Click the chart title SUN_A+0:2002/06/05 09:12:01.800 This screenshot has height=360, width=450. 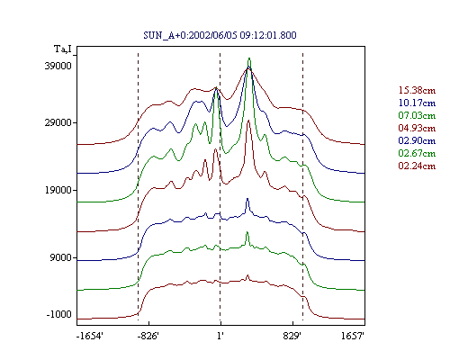pyautogui.click(x=220, y=35)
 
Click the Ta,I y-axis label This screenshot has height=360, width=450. pyautogui.click(x=63, y=49)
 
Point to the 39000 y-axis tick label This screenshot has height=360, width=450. pyautogui.click(x=58, y=66)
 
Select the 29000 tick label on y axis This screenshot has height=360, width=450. pyautogui.click(x=58, y=122)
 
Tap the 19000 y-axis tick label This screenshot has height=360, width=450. pyautogui.click(x=58, y=190)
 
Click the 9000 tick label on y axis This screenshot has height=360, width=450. pyautogui.click(x=61, y=257)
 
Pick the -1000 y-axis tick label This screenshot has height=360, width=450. pyautogui.click(x=59, y=314)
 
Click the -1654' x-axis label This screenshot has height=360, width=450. pyautogui.click(x=90, y=336)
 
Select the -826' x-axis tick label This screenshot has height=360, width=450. pyautogui.click(x=148, y=336)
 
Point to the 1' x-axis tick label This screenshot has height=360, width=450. pyautogui.click(x=220, y=336)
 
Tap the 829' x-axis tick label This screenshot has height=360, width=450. pyautogui.click(x=292, y=336)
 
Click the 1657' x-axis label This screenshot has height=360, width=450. pyautogui.click(x=353, y=336)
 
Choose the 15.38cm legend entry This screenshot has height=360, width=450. pyautogui.click(x=417, y=90)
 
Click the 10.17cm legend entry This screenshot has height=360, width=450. pyautogui.click(x=417, y=103)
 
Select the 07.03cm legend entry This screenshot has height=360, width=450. pyautogui.click(x=417, y=115)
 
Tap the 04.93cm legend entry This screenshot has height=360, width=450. pyautogui.click(x=417, y=128)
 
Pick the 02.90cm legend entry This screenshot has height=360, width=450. pyautogui.click(x=417, y=140)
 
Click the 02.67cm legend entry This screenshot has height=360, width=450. pyautogui.click(x=417, y=153)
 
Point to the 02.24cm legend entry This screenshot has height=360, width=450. pyautogui.click(x=417, y=166)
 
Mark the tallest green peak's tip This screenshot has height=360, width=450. pyautogui.click(x=249, y=58)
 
